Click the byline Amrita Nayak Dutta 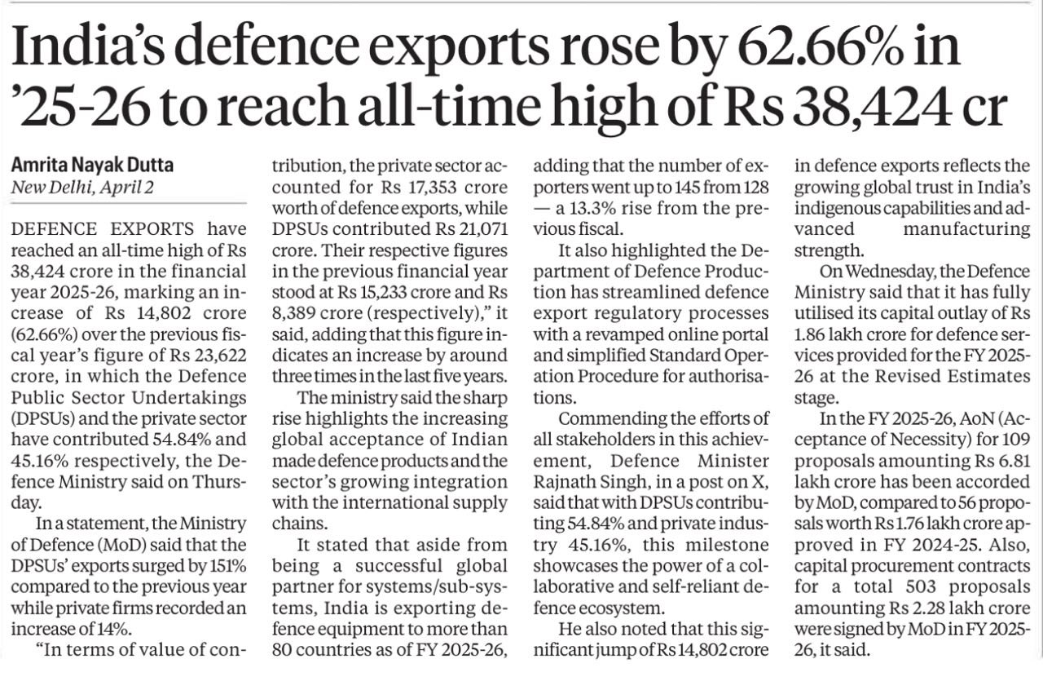point(92,165)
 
